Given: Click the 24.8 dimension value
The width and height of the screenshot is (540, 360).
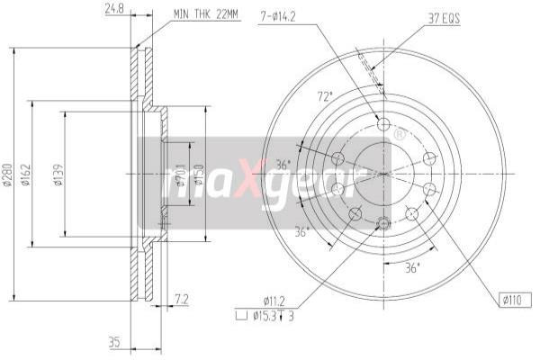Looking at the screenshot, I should pyautogui.click(x=113, y=9).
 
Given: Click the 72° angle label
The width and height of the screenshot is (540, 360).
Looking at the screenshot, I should pyautogui.click(x=324, y=96).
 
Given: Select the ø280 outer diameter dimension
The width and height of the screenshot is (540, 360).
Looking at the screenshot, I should pyautogui.click(x=8, y=176).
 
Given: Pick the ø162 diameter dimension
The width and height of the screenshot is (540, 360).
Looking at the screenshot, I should pyautogui.click(x=28, y=176).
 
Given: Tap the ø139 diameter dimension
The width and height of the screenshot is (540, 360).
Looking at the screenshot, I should pyautogui.click(x=58, y=176).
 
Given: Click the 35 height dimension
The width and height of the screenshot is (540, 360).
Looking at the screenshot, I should pyautogui.click(x=113, y=341).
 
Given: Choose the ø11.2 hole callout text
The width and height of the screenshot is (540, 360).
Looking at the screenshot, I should pyautogui.click(x=274, y=300).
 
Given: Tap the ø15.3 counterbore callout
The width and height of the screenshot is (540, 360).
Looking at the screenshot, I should pyautogui.click(x=274, y=314).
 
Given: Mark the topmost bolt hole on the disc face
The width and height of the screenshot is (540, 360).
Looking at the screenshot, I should pyautogui.click(x=383, y=125).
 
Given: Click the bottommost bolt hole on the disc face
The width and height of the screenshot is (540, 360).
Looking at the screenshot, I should pyautogui.click(x=383, y=222).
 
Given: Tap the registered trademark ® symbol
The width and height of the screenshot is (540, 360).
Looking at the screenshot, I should pyautogui.click(x=399, y=135).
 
